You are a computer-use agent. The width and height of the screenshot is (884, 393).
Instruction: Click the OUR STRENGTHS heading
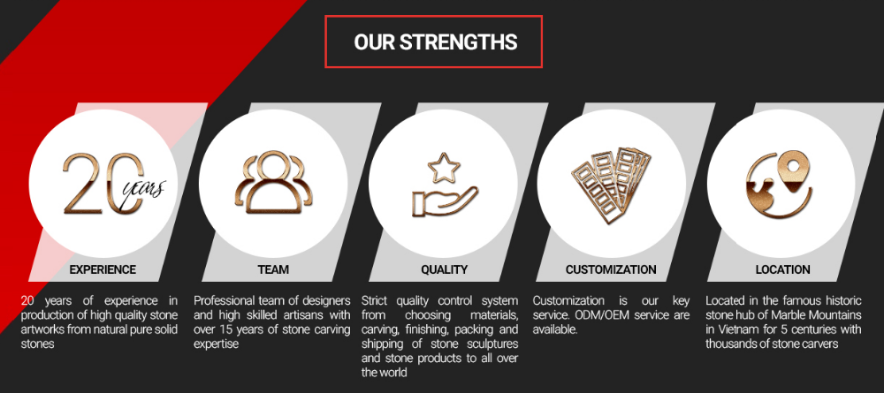(435, 42)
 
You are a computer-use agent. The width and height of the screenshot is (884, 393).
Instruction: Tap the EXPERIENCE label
(103, 269)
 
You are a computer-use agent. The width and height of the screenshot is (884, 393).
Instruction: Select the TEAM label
(273, 269)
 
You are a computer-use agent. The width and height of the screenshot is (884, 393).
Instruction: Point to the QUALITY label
(445, 269)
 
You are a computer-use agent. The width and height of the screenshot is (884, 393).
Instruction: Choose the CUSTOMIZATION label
(611, 269)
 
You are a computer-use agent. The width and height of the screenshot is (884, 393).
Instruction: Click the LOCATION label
(783, 269)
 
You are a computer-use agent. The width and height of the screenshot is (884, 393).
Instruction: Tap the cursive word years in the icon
(144, 190)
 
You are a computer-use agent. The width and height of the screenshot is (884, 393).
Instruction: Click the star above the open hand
(444, 167)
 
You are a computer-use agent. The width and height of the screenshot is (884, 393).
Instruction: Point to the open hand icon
(445, 202)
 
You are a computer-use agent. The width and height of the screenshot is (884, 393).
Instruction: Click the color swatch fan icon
(611, 184)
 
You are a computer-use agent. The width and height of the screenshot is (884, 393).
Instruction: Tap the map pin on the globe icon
(793, 170)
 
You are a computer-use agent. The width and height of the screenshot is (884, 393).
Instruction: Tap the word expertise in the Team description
(217, 344)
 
